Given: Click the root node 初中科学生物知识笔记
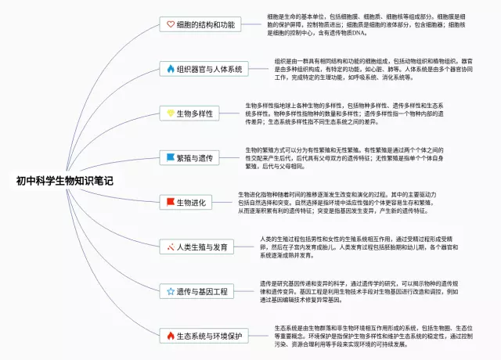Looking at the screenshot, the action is click(x=64, y=181).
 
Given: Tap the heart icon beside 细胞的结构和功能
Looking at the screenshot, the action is click(x=171, y=24).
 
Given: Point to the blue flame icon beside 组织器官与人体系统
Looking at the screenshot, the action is click(x=171, y=69).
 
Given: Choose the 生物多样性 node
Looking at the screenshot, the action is click(x=196, y=113).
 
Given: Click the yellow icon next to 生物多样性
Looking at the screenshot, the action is click(x=171, y=113).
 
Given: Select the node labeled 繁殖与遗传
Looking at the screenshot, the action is click(x=196, y=157).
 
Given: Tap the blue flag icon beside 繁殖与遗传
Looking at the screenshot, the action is click(x=171, y=157).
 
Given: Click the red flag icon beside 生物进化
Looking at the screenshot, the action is click(x=171, y=202).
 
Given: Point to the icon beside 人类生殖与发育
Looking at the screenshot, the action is click(x=171, y=247).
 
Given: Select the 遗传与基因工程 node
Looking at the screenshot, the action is click(x=202, y=291).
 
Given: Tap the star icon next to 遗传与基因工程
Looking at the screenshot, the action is click(x=171, y=291).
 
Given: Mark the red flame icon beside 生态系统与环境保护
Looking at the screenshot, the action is click(x=171, y=336).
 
